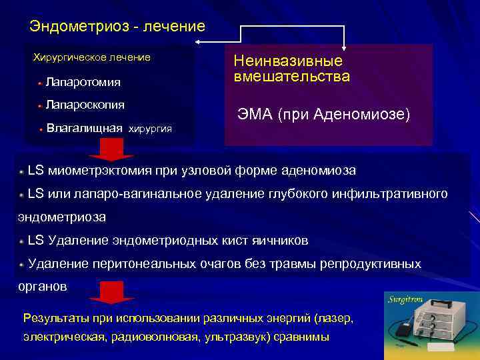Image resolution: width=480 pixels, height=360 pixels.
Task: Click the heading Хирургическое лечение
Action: pos(92,57)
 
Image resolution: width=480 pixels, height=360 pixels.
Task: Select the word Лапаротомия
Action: pos(83,83)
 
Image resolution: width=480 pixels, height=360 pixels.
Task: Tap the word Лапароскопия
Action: pos(85,105)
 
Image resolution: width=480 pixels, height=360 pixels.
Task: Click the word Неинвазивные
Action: pos(288,61)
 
